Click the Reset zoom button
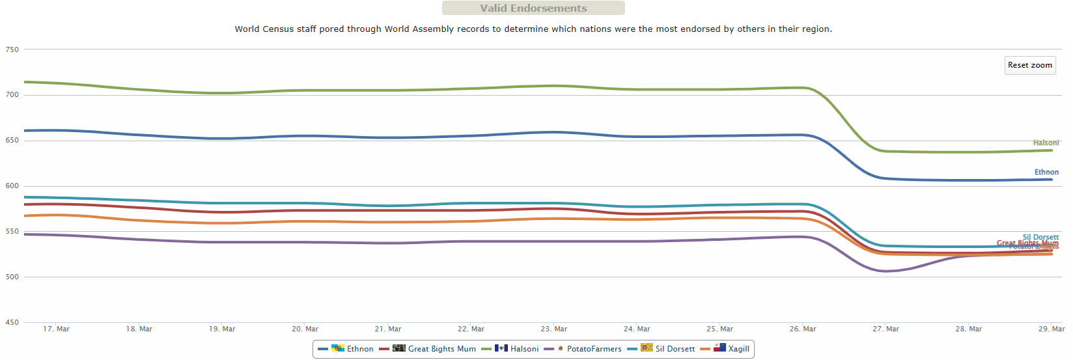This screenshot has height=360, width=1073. click(x=1029, y=65)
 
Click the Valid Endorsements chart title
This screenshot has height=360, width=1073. click(x=533, y=8)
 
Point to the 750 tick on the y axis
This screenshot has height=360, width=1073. click(x=12, y=49)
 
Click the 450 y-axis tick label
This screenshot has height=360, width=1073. click(x=12, y=322)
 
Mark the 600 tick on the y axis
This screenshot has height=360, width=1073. click(x=12, y=186)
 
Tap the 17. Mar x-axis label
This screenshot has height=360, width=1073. click(x=56, y=329)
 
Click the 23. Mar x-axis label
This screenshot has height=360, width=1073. click(x=554, y=329)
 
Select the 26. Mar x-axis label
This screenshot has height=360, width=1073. click(x=803, y=329)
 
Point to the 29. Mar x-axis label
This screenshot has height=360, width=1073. click(x=1052, y=329)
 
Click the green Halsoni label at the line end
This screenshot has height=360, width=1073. click(x=1046, y=143)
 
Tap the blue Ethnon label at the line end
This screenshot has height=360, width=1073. click(x=1046, y=173)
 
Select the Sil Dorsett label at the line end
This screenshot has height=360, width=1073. click(x=1040, y=238)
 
